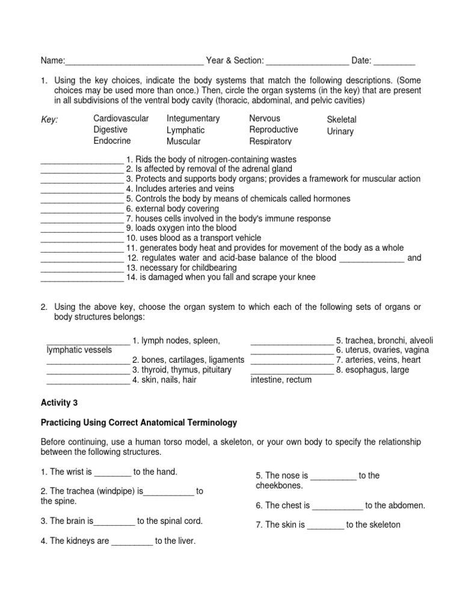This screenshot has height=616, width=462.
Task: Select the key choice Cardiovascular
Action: point(121,119)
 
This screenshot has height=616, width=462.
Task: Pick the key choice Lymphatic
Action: point(185,130)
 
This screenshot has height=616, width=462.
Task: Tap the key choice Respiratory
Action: point(271,141)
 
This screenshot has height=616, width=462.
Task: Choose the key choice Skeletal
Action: point(341,120)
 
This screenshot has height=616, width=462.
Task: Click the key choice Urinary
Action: point(340,131)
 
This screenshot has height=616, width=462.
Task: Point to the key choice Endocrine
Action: point(111,141)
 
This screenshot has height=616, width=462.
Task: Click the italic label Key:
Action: point(49,120)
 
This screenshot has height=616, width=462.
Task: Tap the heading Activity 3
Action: point(59,402)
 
